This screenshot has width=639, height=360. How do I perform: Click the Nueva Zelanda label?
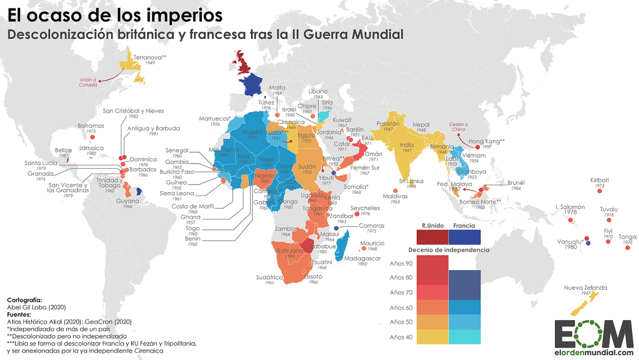[585, 288]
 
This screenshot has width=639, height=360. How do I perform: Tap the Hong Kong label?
[487, 142]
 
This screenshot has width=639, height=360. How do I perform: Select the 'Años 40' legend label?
[400, 337]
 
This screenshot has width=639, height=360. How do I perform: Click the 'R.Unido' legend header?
[432, 226]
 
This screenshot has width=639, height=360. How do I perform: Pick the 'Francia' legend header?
[464, 226]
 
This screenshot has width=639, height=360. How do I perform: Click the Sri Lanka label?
[411, 181]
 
